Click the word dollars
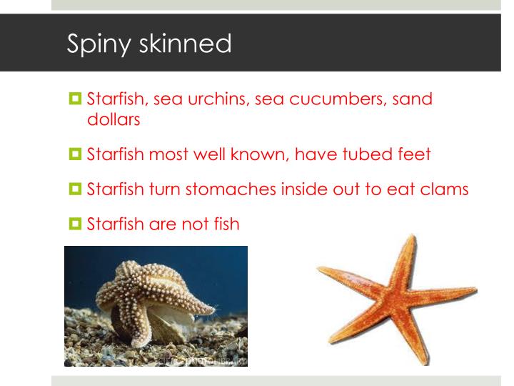pyautogui.click(x=113, y=119)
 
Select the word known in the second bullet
pyautogui.click(x=261, y=154)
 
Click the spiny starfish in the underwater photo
pyautogui.click(x=154, y=300)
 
